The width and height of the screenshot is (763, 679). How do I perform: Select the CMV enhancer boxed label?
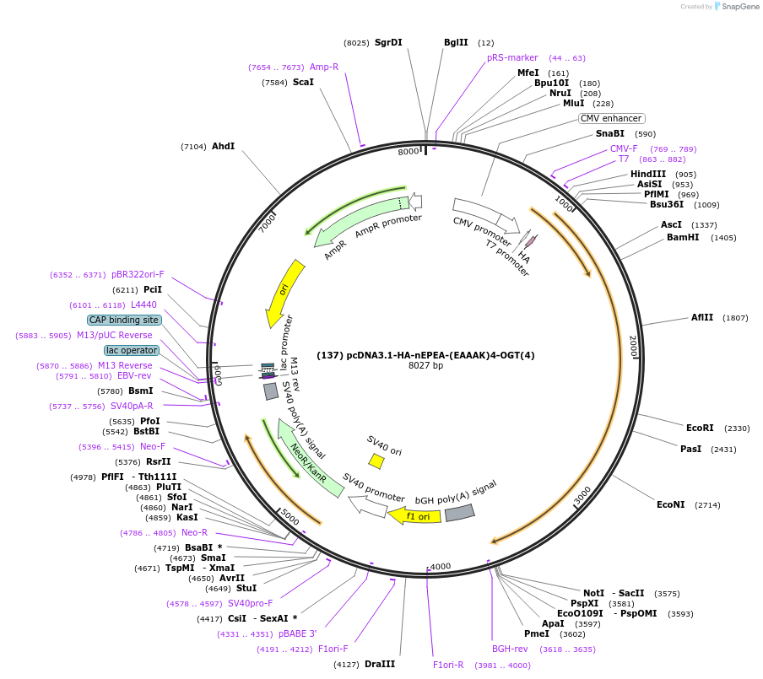click(612, 119)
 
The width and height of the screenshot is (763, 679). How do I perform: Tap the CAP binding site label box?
click(123, 320)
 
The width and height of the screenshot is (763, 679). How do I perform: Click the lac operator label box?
click(132, 350)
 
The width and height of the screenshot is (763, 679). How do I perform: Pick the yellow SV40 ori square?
click(376, 461)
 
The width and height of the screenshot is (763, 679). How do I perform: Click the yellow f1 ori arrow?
click(414, 515)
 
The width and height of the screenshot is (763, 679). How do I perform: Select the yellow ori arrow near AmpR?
click(282, 294)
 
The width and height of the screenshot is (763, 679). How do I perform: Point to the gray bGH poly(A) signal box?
click(459, 512)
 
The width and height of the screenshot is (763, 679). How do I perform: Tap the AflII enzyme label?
click(702, 317)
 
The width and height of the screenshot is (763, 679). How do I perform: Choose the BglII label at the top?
click(456, 42)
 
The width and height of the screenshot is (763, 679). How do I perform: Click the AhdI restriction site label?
click(223, 146)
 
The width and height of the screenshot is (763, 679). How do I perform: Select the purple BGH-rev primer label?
click(510, 649)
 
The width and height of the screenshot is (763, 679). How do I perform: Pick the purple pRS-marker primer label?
click(512, 57)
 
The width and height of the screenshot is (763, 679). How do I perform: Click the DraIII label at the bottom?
click(380, 664)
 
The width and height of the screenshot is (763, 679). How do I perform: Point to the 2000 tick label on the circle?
click(633, 346)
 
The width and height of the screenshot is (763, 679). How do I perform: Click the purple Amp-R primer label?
click(323, 67)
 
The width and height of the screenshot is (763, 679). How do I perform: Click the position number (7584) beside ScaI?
click(275, 83)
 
